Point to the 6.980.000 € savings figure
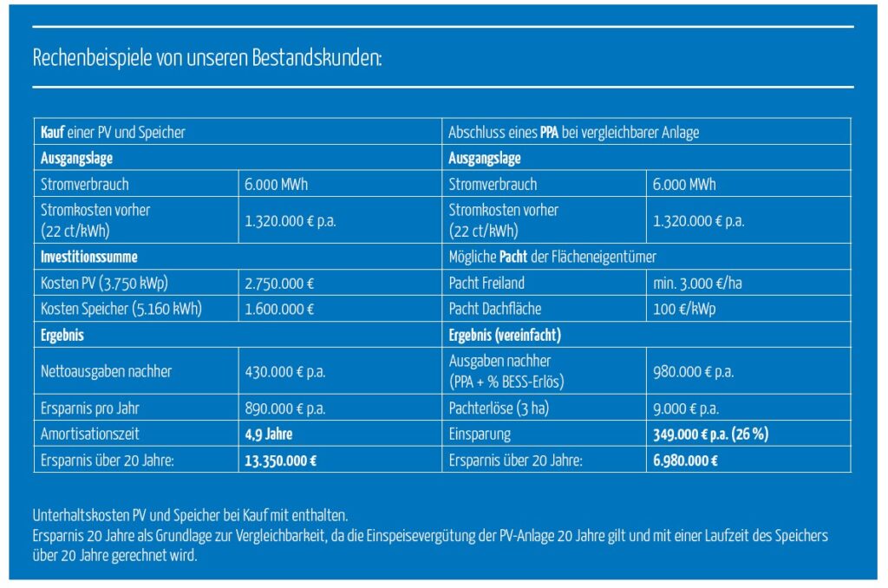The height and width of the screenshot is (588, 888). coord(685,461)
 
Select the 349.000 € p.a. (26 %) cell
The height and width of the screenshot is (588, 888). coord(710,434)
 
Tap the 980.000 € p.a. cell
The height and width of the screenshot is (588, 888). coord(693,371)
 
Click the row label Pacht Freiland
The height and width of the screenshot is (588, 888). coord(486,282)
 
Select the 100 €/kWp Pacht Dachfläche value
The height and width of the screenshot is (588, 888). coord(681,308)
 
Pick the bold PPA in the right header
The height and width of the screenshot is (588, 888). coord(549,133)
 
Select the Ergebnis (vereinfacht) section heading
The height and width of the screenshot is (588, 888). coord(505,334)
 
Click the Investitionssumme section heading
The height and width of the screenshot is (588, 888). coord(89,257)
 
